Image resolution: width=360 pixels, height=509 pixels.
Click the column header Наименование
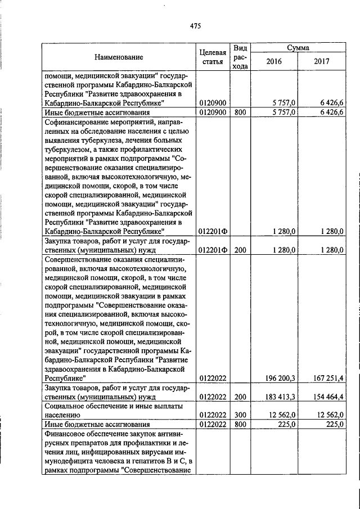118,57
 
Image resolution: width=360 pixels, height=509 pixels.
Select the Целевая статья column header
213,57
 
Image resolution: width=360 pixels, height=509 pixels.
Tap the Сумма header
298,48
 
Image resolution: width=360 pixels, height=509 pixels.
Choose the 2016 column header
273,61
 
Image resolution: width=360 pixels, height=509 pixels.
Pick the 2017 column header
321,61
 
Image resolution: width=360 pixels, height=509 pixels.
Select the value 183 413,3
279,397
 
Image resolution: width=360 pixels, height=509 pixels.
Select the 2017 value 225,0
334,424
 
